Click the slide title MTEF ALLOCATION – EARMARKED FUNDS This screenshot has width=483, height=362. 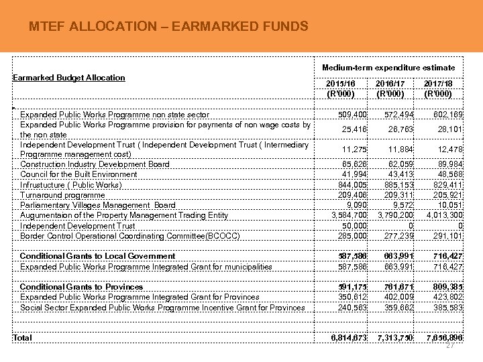click(x=169, y=27)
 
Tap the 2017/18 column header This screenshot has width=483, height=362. click(x=439, y=88)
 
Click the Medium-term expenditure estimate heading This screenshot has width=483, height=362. click(x=388, y=68)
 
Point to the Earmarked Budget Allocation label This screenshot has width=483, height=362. click(x=69, y=78)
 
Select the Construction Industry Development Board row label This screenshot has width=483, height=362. click(x=95, y=164)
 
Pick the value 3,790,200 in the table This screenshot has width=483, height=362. click(x=394, y=215)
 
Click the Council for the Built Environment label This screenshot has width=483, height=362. click(x=78, y=174)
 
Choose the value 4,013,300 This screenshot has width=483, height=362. click(x=442, y=215)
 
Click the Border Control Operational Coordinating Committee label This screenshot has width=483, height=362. click(x=129, y=236)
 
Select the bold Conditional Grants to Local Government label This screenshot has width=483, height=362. click(x=97, y=256)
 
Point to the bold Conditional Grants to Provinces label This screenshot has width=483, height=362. click(x=81, y=287)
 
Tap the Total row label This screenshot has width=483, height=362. click(x=22, y=338)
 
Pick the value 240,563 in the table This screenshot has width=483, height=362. click(x=354, y=308)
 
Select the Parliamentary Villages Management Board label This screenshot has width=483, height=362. click(x=98, y=205)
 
